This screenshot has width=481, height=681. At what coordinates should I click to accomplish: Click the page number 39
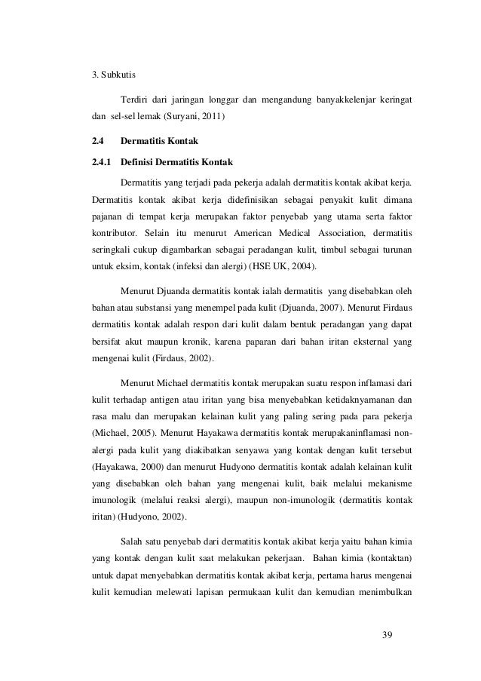coord(388,632)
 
